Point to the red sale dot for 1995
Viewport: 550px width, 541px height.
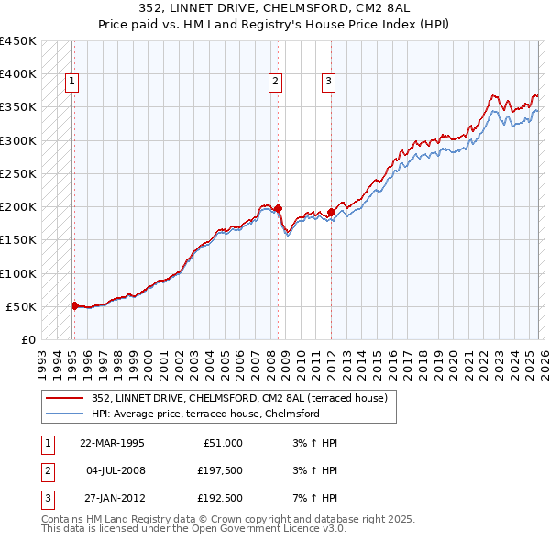tap(74, 305)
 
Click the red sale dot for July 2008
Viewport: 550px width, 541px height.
tap(278, 208)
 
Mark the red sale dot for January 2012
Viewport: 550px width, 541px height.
tap(331, 212)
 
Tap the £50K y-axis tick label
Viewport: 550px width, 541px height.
tap(22, 306)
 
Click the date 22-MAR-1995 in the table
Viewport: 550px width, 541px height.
tap(112, 443)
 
